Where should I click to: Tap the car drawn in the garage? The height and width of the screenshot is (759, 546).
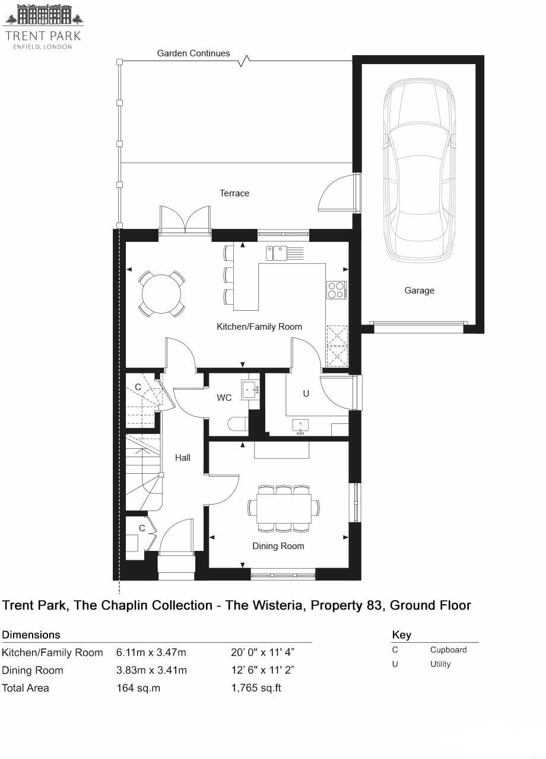[419, 172]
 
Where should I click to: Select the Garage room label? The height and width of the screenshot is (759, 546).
[419, 291]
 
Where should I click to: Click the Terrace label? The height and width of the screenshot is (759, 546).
[234, 193]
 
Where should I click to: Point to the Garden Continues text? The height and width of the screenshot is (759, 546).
[193, 53]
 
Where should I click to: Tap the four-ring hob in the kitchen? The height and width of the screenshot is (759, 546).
[336, 290]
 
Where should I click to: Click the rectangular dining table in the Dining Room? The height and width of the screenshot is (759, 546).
[284, 508]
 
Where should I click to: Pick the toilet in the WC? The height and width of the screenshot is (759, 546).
[238, 424]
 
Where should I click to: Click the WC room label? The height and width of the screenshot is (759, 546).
[224, 398]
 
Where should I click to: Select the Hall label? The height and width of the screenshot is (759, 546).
[183, 458]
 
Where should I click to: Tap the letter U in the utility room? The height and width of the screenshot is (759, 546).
[306, 393]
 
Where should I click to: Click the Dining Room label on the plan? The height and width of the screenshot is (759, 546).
[278, 546]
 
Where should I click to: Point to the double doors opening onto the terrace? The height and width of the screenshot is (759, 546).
[185, 221]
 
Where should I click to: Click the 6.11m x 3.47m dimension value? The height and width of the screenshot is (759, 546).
[151, 653]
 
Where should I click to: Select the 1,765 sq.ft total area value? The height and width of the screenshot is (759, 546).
[256, 688]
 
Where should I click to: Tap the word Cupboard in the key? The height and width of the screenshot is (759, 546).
[448, 650]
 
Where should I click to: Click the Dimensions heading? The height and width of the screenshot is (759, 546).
[31, 635]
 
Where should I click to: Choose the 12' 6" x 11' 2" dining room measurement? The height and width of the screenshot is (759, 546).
[263, 671]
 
